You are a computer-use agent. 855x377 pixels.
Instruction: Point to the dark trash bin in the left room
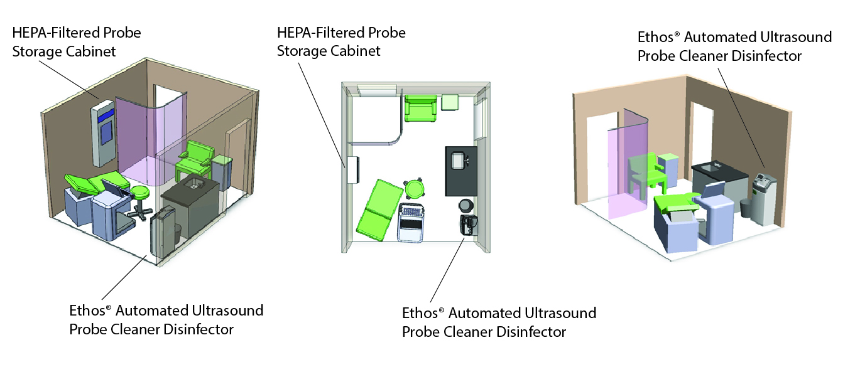click(x=177, y=232)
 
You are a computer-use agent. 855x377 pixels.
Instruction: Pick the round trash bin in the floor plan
click(x=465, y=205)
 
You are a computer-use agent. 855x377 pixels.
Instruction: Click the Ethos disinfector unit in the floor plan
click(x=468, y=226)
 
